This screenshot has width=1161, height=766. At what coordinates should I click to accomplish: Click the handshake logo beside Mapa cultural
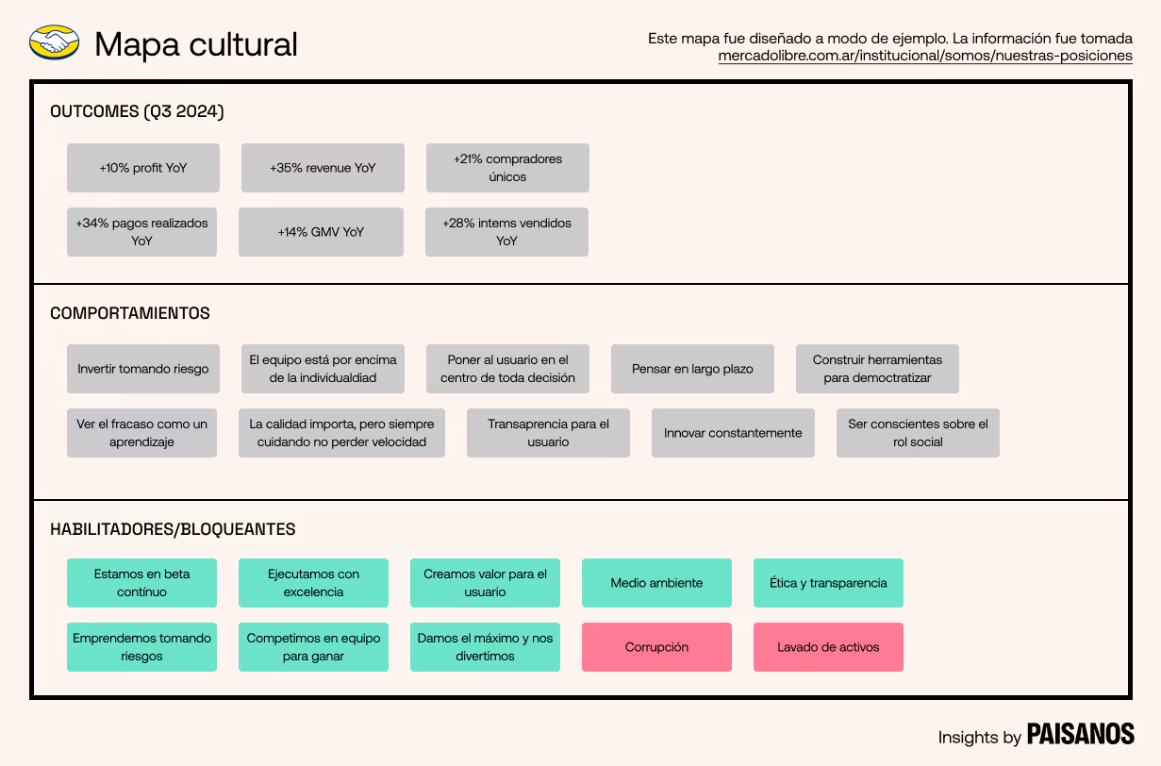tap(54, 42)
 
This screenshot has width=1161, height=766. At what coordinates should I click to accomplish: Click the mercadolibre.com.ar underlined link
tap(924, 56)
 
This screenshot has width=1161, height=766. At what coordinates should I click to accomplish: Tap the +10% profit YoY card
tap(143, 168)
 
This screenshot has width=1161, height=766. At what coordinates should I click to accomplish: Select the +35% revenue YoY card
tap(323, 168)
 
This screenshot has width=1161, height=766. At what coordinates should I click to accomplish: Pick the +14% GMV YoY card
tap(321, 232)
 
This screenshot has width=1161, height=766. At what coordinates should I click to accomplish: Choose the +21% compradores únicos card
tap(507, 168)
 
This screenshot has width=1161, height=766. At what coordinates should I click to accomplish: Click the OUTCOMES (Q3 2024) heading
tap(137, 111)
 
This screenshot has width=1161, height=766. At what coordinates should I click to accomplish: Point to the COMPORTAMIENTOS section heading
tap(130, 313)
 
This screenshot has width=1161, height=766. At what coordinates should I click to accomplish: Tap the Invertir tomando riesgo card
tap(143, 369)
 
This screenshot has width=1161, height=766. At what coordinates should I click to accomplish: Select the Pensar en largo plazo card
tap(692, 369)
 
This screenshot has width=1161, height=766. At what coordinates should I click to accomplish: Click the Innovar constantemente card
tap(733, 433)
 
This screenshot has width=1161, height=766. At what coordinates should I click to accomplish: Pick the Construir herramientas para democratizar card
tap(877, 369)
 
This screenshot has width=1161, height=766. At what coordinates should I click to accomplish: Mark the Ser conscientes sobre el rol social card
tap(918, 433)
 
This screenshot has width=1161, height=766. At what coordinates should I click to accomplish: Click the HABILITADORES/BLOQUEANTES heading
tap(173, 529)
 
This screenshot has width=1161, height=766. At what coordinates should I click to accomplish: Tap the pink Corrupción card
tap(656, 647)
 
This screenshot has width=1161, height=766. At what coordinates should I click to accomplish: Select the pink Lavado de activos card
tap(828, 647)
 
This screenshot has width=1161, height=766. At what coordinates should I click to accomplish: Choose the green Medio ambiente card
tap(656, 583)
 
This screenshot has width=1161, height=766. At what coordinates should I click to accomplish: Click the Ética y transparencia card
tap(828, 583)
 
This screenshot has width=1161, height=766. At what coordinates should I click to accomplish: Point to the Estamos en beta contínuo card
tap(141, 583)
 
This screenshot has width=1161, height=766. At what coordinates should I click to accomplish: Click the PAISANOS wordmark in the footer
tap(1080, 735)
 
